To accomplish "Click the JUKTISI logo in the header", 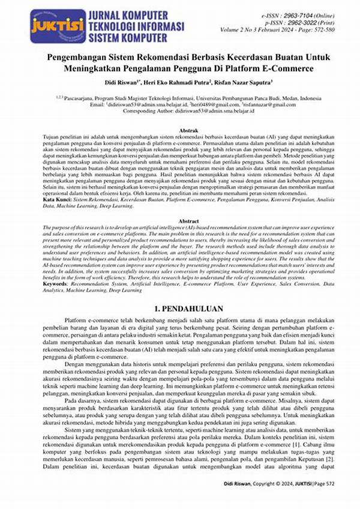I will point(50,26).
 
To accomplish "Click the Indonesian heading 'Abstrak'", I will point(180,130).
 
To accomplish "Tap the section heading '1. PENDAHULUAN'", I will point(180,309).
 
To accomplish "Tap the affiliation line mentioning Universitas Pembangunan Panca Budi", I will point(180,96).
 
